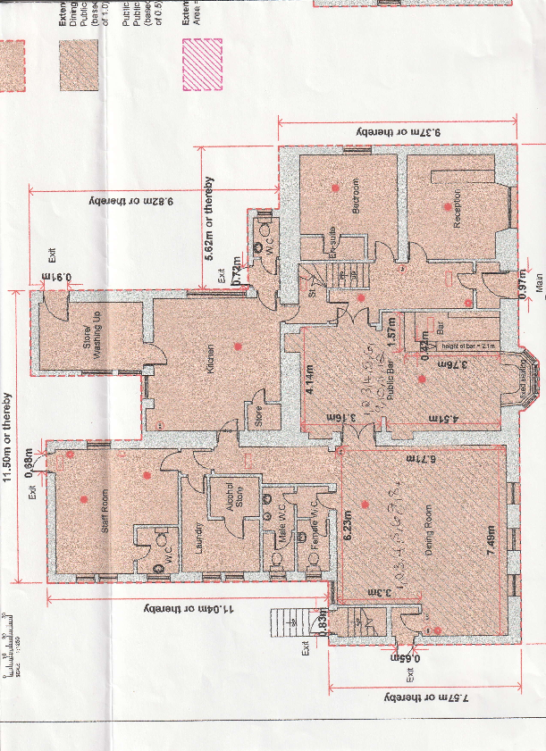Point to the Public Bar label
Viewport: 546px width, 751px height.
(391, 365)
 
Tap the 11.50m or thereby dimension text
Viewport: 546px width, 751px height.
(9, 438)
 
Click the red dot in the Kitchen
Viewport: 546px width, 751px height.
(238, 345)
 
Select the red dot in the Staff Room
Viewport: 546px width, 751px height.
(84, 498)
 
